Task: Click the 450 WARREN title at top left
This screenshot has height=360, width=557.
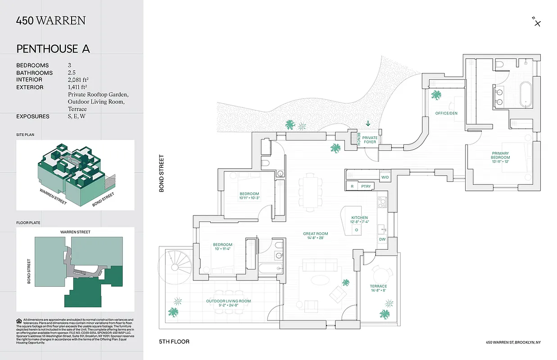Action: click(x=51, y=20)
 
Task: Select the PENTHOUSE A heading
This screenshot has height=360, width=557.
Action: click(x=53, y=49)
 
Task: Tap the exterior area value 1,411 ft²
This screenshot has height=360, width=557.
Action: click(x=77, y=87)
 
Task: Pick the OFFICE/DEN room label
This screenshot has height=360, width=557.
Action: click(x=446, y=113)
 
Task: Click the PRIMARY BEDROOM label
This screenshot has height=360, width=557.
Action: click(x=500, y=155)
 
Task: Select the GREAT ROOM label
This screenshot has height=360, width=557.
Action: click(x=315, y=235)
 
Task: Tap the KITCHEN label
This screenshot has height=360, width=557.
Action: click(x=360, y=219)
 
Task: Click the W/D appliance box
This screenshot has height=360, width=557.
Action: click(x=385, y=178)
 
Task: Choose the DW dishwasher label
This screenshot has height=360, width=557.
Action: click(x=382, y=239)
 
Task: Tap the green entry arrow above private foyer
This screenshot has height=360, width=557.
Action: click(x=368, y=123)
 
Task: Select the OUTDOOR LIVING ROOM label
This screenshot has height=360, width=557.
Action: click(x=228, y=303)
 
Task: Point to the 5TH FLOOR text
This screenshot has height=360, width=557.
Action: click(x=174, y=342)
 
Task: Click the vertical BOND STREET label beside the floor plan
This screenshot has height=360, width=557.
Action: click(x=161, y=174)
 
